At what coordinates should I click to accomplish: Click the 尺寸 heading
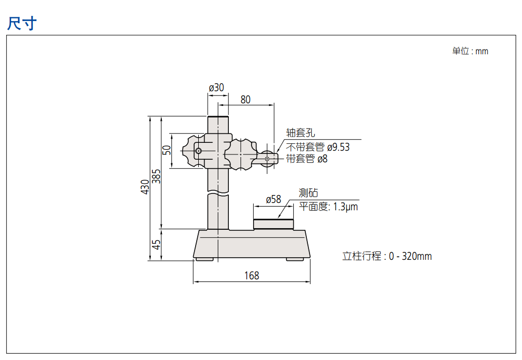click(x=22, y=23)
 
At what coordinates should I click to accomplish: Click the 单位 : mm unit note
click(x=470, y=51)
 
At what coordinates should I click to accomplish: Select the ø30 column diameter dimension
click(x=216, y=87)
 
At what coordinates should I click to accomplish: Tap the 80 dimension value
click(x=245, y=100)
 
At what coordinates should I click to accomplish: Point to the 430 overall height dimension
click(x=145, y=187)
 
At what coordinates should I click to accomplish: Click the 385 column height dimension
click(x=156, y=177)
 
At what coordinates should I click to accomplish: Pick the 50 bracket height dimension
click(x=167, y=150)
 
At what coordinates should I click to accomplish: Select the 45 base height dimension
click(x=156, y=245)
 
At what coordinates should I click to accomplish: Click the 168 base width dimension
click(x=252, y=276)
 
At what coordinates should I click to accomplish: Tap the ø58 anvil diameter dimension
click(x=273, y=199)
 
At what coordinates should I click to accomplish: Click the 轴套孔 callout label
click(x=301, y=133)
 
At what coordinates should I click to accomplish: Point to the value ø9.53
click(x=338, y=147)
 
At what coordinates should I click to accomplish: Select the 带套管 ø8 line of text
click(x=306, y=159)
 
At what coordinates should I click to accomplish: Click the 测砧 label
click(x=308, y=192)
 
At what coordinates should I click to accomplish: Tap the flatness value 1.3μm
click(x=345, y=207)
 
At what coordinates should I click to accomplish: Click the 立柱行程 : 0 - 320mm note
click(x=387, y=256)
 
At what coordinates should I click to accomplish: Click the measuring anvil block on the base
click(x=273, y=224)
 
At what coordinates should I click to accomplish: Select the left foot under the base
click(x=205, y=259)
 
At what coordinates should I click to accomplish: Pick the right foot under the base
click(x=295, y=259)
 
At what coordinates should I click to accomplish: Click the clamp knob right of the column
click(x=240, y=154)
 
